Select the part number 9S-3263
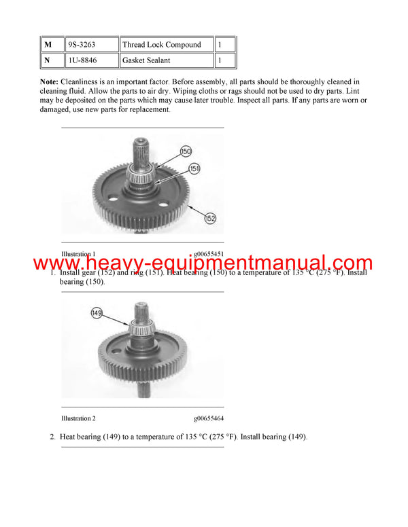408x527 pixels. pos(82,45)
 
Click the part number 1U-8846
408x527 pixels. pos(82,60)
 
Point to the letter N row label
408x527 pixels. pos(48,60)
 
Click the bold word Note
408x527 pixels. pos(53,81)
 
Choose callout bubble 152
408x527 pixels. pos(209,219)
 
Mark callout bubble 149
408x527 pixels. pos(98,312)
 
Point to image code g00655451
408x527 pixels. pos(208,254)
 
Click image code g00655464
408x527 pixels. pos(208,419)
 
